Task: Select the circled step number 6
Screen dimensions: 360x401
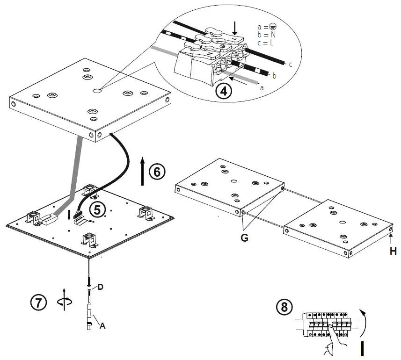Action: pyautogui.click(x=157, y=172)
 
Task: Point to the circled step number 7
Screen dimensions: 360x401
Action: pyautogui.click(x=38, y=303)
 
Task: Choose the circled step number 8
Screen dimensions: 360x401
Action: pyautogui.click(x=284, y=307)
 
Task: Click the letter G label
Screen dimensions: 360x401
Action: pyautogui.click(x=244, y=238)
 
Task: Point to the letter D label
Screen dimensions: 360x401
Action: pyautogui.click(x=100, y=287)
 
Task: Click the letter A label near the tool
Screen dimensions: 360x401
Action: pyautogui.click(x=102, y=326)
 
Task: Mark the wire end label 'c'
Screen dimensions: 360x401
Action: pyautogui.click(x=290, y=65)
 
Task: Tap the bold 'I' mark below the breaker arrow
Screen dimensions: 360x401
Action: pyautogui.click(x=363, y=349)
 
